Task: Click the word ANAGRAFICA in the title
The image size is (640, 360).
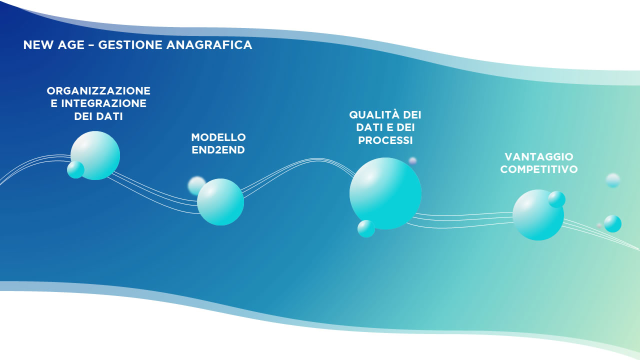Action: click(209, 45)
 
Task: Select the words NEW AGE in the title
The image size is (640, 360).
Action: click(53, 45)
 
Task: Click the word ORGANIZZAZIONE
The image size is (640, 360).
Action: click(98, 90)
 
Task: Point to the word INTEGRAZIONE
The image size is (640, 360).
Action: click(103, 103)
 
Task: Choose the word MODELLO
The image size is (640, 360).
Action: click(218, 137)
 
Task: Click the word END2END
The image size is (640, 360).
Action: click(218, 150)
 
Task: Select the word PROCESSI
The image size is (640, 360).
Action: click(385, 140)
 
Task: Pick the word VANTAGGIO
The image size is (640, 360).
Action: click(539, 156)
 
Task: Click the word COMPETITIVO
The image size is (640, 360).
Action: click(539, 169)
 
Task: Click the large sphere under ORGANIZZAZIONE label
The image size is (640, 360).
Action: click(95, 155)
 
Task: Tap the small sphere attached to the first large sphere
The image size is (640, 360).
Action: click(75, 169)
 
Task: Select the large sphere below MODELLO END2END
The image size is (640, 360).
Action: click(220, 202)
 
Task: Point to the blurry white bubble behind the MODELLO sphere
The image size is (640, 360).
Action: click(196, 185)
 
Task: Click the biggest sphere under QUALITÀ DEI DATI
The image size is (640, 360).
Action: click(385, 193)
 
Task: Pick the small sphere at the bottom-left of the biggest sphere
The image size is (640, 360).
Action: click(366, 228)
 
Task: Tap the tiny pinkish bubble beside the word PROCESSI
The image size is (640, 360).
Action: click(412, 161)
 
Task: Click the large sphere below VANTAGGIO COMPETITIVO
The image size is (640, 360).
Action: click(538, 215)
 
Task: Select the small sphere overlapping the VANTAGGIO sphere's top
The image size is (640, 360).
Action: click(556, 199)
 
